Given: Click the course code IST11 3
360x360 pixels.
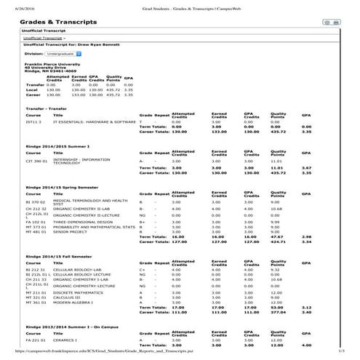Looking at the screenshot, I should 33,121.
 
